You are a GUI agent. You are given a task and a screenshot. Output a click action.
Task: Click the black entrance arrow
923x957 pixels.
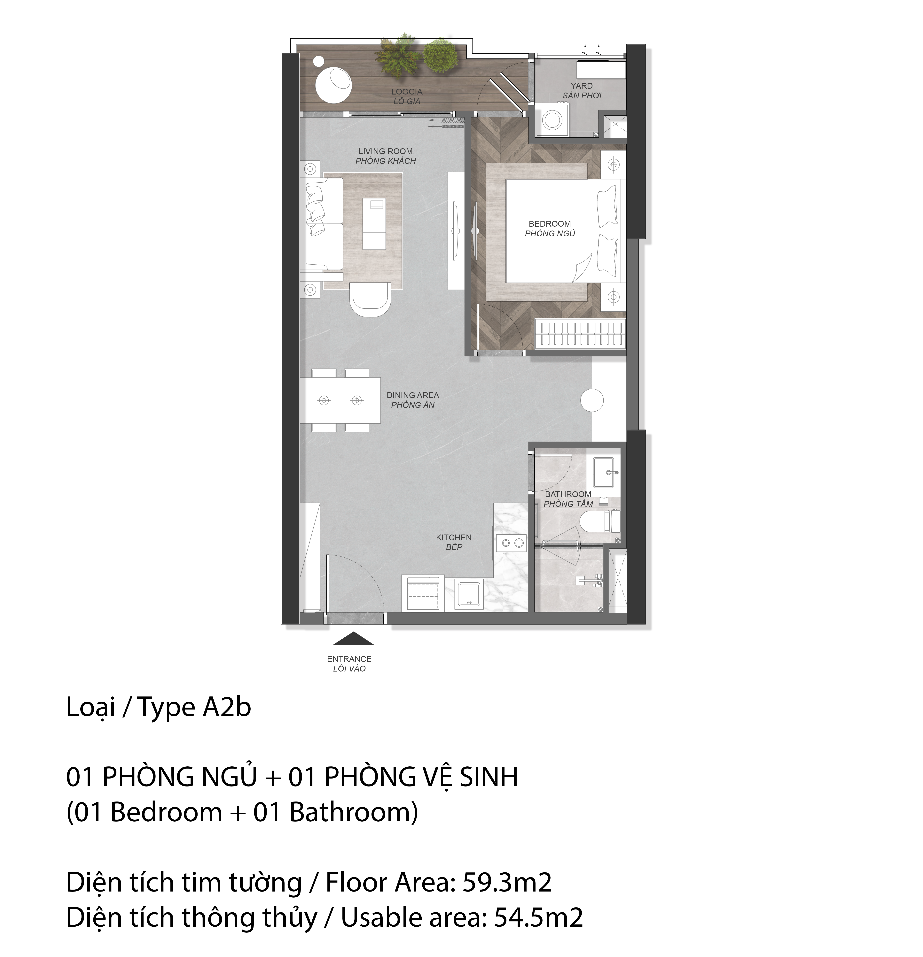tap(353, 639)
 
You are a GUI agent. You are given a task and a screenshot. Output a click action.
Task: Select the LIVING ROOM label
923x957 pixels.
tap(386, 151)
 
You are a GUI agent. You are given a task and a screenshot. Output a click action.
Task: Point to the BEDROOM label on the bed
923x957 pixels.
tap(550, 224)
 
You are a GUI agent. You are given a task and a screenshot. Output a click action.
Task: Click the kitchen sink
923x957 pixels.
tap(469, 594)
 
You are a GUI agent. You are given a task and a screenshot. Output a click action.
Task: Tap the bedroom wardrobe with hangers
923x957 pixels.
tap(581, 333)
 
